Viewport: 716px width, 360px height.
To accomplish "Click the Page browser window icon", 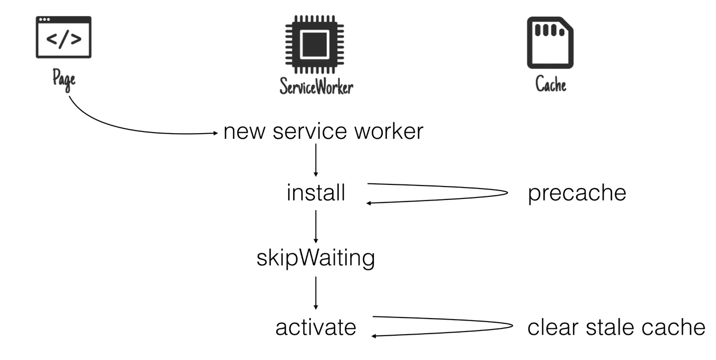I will (x=63, y=37).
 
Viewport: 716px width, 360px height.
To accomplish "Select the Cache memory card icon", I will (x=550, y=42).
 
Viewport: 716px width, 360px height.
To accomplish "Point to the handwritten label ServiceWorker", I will (x=316, y=86).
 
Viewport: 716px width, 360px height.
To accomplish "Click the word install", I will (x=316, y=193).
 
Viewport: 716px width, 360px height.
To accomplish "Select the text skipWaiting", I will (x=316, y=258).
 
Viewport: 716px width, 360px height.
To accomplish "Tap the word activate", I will (x=316, y=327).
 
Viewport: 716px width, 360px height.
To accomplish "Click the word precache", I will (x=577, y=194).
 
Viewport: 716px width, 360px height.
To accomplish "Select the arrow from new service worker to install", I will (x=316, y=161).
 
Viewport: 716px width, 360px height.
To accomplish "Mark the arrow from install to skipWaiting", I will (x=316, y=226).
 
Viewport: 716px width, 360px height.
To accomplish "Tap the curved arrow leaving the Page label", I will (x=130, y=127).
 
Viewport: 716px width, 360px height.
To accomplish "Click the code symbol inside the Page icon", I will (x=63, y=40).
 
